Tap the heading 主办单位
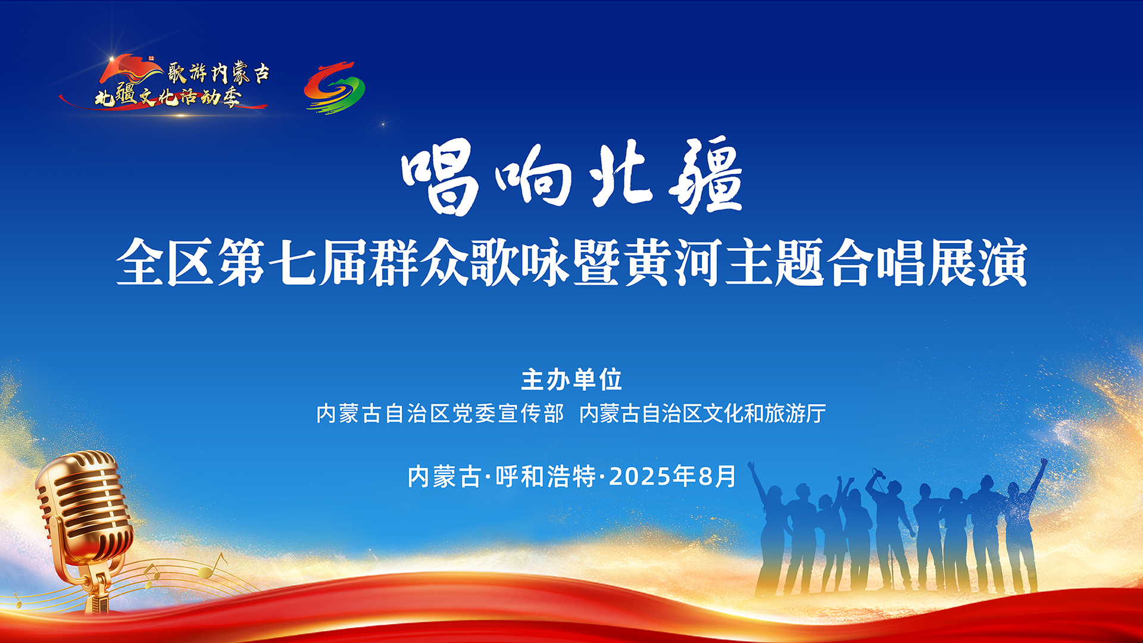(571, 380)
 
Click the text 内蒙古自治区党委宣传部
(440, 413)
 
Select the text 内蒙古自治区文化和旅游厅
(702, 413)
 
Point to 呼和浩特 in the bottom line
(546, 476)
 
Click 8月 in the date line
(717, 476)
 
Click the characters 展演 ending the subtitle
(978, 263)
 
